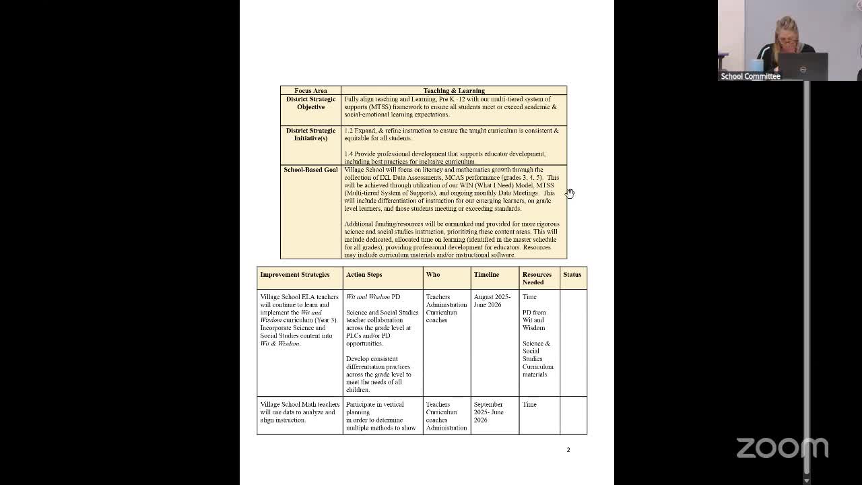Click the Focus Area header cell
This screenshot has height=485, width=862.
click(x=310, y=90)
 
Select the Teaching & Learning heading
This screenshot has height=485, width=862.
click(x=453, y=90)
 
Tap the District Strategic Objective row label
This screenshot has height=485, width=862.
click(x=310, y=103)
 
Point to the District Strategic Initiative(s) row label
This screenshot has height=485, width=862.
click(x=310, y=134)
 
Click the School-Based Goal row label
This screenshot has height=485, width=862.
click(x=310, y=170)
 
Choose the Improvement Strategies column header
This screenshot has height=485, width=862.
click(x=295, y=275)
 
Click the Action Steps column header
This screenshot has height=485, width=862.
click(x=364, y=275)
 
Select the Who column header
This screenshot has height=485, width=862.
click(x=432, y=275)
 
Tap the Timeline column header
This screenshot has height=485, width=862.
click(x=486, y=275)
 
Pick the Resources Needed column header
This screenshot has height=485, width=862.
click(x=537, y=278)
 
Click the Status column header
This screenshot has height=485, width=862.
click(x=572, y=275)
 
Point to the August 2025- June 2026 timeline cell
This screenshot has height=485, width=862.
click(x=492, y=300)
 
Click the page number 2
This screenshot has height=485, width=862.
click(x=568, y=449)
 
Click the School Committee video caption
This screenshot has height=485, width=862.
click(x=750, y=76)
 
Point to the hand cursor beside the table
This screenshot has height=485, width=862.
click(x=570, y=194)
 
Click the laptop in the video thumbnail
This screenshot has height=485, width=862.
click(x=803, y=66)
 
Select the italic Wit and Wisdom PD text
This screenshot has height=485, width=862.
click(x=372, y=297)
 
